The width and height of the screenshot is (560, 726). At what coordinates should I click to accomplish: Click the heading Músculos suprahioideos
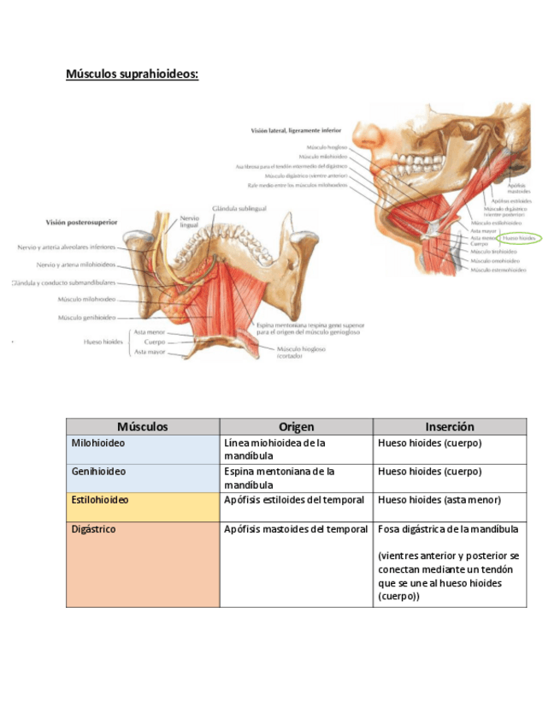click(132, 74)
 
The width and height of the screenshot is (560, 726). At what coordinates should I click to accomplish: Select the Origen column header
click(296, 426)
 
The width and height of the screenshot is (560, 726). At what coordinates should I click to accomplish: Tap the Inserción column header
click(449, 426)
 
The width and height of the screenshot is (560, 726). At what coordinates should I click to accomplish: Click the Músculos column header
click(143, 426)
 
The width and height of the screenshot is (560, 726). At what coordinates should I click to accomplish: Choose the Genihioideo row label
click(98, 472)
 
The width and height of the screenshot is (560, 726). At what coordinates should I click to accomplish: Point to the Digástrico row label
click(94, 529)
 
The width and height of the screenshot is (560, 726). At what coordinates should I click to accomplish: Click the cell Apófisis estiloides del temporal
click(294, 500)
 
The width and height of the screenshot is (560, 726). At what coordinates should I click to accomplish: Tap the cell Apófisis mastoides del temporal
click(296, 529)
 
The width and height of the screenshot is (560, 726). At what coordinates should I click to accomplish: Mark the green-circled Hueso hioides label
click(520, 238)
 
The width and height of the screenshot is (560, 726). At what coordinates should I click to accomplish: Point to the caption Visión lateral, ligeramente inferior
click(295, 131)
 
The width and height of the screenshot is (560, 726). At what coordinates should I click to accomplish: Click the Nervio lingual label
click(190, 222)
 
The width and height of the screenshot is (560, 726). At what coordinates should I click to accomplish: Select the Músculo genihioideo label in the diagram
click(86, 318)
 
